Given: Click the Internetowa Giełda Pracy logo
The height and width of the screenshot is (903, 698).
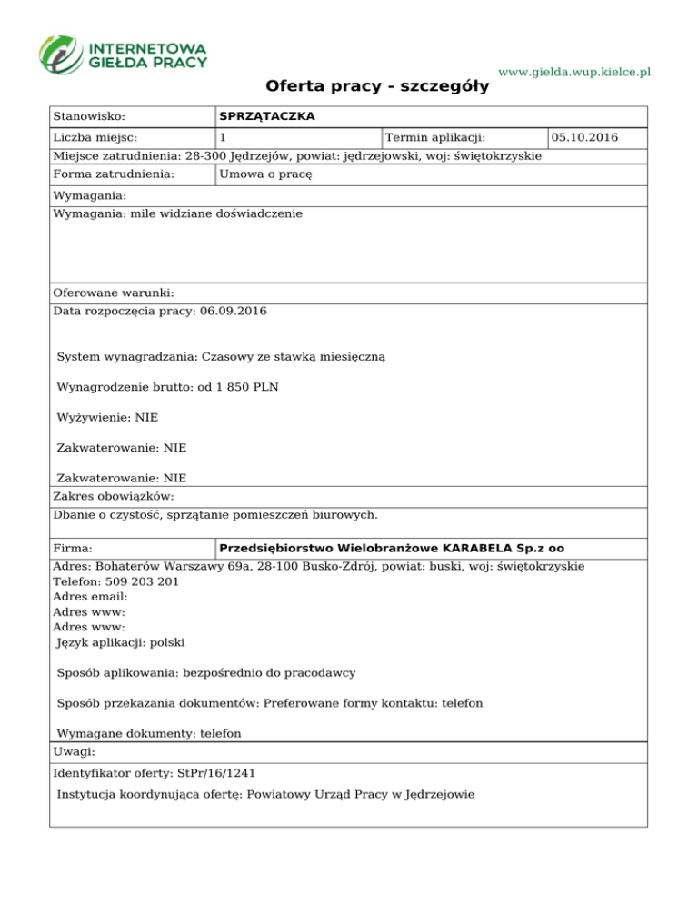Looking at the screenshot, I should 123,55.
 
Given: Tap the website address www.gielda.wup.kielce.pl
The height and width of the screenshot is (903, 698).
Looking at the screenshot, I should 575,72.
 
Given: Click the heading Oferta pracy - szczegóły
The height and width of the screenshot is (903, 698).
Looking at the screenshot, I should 377,87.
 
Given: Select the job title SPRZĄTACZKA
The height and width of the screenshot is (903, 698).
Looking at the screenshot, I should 267,117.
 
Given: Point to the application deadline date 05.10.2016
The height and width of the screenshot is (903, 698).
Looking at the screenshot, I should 585,138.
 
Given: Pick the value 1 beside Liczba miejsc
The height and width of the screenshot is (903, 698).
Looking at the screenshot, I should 223,138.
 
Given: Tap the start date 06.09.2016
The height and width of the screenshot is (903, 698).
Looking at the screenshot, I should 234,312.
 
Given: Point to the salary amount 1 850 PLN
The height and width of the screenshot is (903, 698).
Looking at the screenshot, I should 247,388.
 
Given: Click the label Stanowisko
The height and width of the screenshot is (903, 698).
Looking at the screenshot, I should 89,117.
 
